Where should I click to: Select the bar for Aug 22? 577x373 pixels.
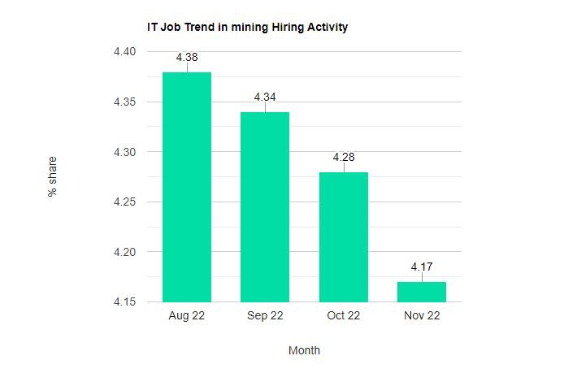[x=187, y=187]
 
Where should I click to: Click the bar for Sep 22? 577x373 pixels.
[x=265, y=206]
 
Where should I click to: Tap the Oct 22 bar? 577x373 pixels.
[x=343, y=236]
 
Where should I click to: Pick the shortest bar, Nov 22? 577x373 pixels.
[x=422, y=292]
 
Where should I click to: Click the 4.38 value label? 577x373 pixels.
[x=187, y=58]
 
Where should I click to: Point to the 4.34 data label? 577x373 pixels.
[x=265, y=98]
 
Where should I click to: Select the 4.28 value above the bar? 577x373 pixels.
[x=343, y=158]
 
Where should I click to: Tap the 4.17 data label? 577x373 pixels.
[x=422, y=267]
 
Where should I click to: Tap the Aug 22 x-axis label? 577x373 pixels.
[x=187, y=316]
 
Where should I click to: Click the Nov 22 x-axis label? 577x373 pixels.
[x=422, y=316]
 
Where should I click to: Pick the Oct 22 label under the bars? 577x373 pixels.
[x=343, y=316]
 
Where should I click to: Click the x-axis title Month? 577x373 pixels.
[x=304, y=351]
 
